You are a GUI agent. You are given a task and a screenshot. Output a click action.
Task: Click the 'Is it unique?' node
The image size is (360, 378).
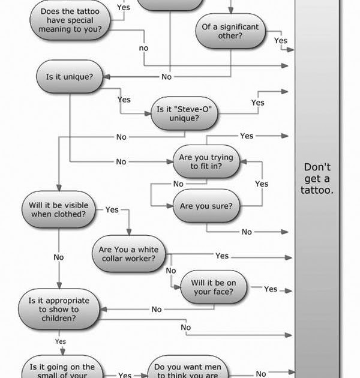tap(70, 77)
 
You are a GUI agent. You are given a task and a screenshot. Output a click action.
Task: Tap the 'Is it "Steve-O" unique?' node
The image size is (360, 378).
tap(184, 114)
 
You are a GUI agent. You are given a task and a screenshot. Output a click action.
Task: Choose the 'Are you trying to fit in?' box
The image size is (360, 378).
tap(206, 162)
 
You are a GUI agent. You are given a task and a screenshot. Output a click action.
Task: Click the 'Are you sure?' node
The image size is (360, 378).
tap(206, 206)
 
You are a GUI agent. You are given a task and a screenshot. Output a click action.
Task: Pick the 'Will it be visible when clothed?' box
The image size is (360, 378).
tap(58, 209)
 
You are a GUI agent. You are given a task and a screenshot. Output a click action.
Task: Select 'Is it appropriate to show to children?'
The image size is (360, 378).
tap(58, 309)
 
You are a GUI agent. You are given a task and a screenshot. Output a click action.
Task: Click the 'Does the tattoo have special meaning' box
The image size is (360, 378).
tap(70, 19)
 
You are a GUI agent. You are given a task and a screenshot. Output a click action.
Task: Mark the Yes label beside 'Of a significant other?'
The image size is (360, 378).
tap(281, 41)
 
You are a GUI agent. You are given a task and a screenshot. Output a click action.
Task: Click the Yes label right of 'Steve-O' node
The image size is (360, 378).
tap(257, 103)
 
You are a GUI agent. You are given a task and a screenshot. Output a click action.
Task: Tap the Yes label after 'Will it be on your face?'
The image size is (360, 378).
tap(271, 289)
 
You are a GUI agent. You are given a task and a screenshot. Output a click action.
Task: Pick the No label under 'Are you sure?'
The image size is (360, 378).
tap(247, 232)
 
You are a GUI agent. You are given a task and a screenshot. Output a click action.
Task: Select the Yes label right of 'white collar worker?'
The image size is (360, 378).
tap(222, 256)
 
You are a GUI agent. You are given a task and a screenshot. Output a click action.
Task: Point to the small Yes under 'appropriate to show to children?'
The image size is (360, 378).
tap(61, 341)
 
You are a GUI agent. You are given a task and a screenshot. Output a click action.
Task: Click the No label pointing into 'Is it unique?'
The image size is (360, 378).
tap(166, 77)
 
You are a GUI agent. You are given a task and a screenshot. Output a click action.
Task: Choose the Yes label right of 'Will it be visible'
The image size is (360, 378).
tap(112, 210)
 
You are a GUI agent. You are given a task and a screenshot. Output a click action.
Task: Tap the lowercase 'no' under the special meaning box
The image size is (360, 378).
tap(143, 48)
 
